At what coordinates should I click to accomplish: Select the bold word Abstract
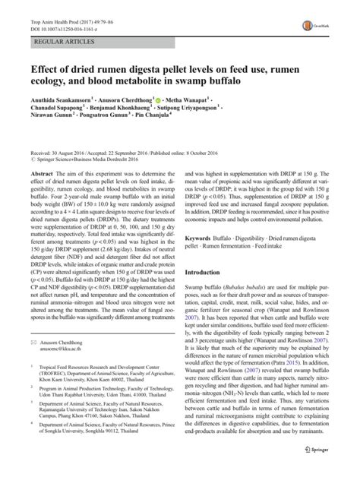(x=41, y=196)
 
